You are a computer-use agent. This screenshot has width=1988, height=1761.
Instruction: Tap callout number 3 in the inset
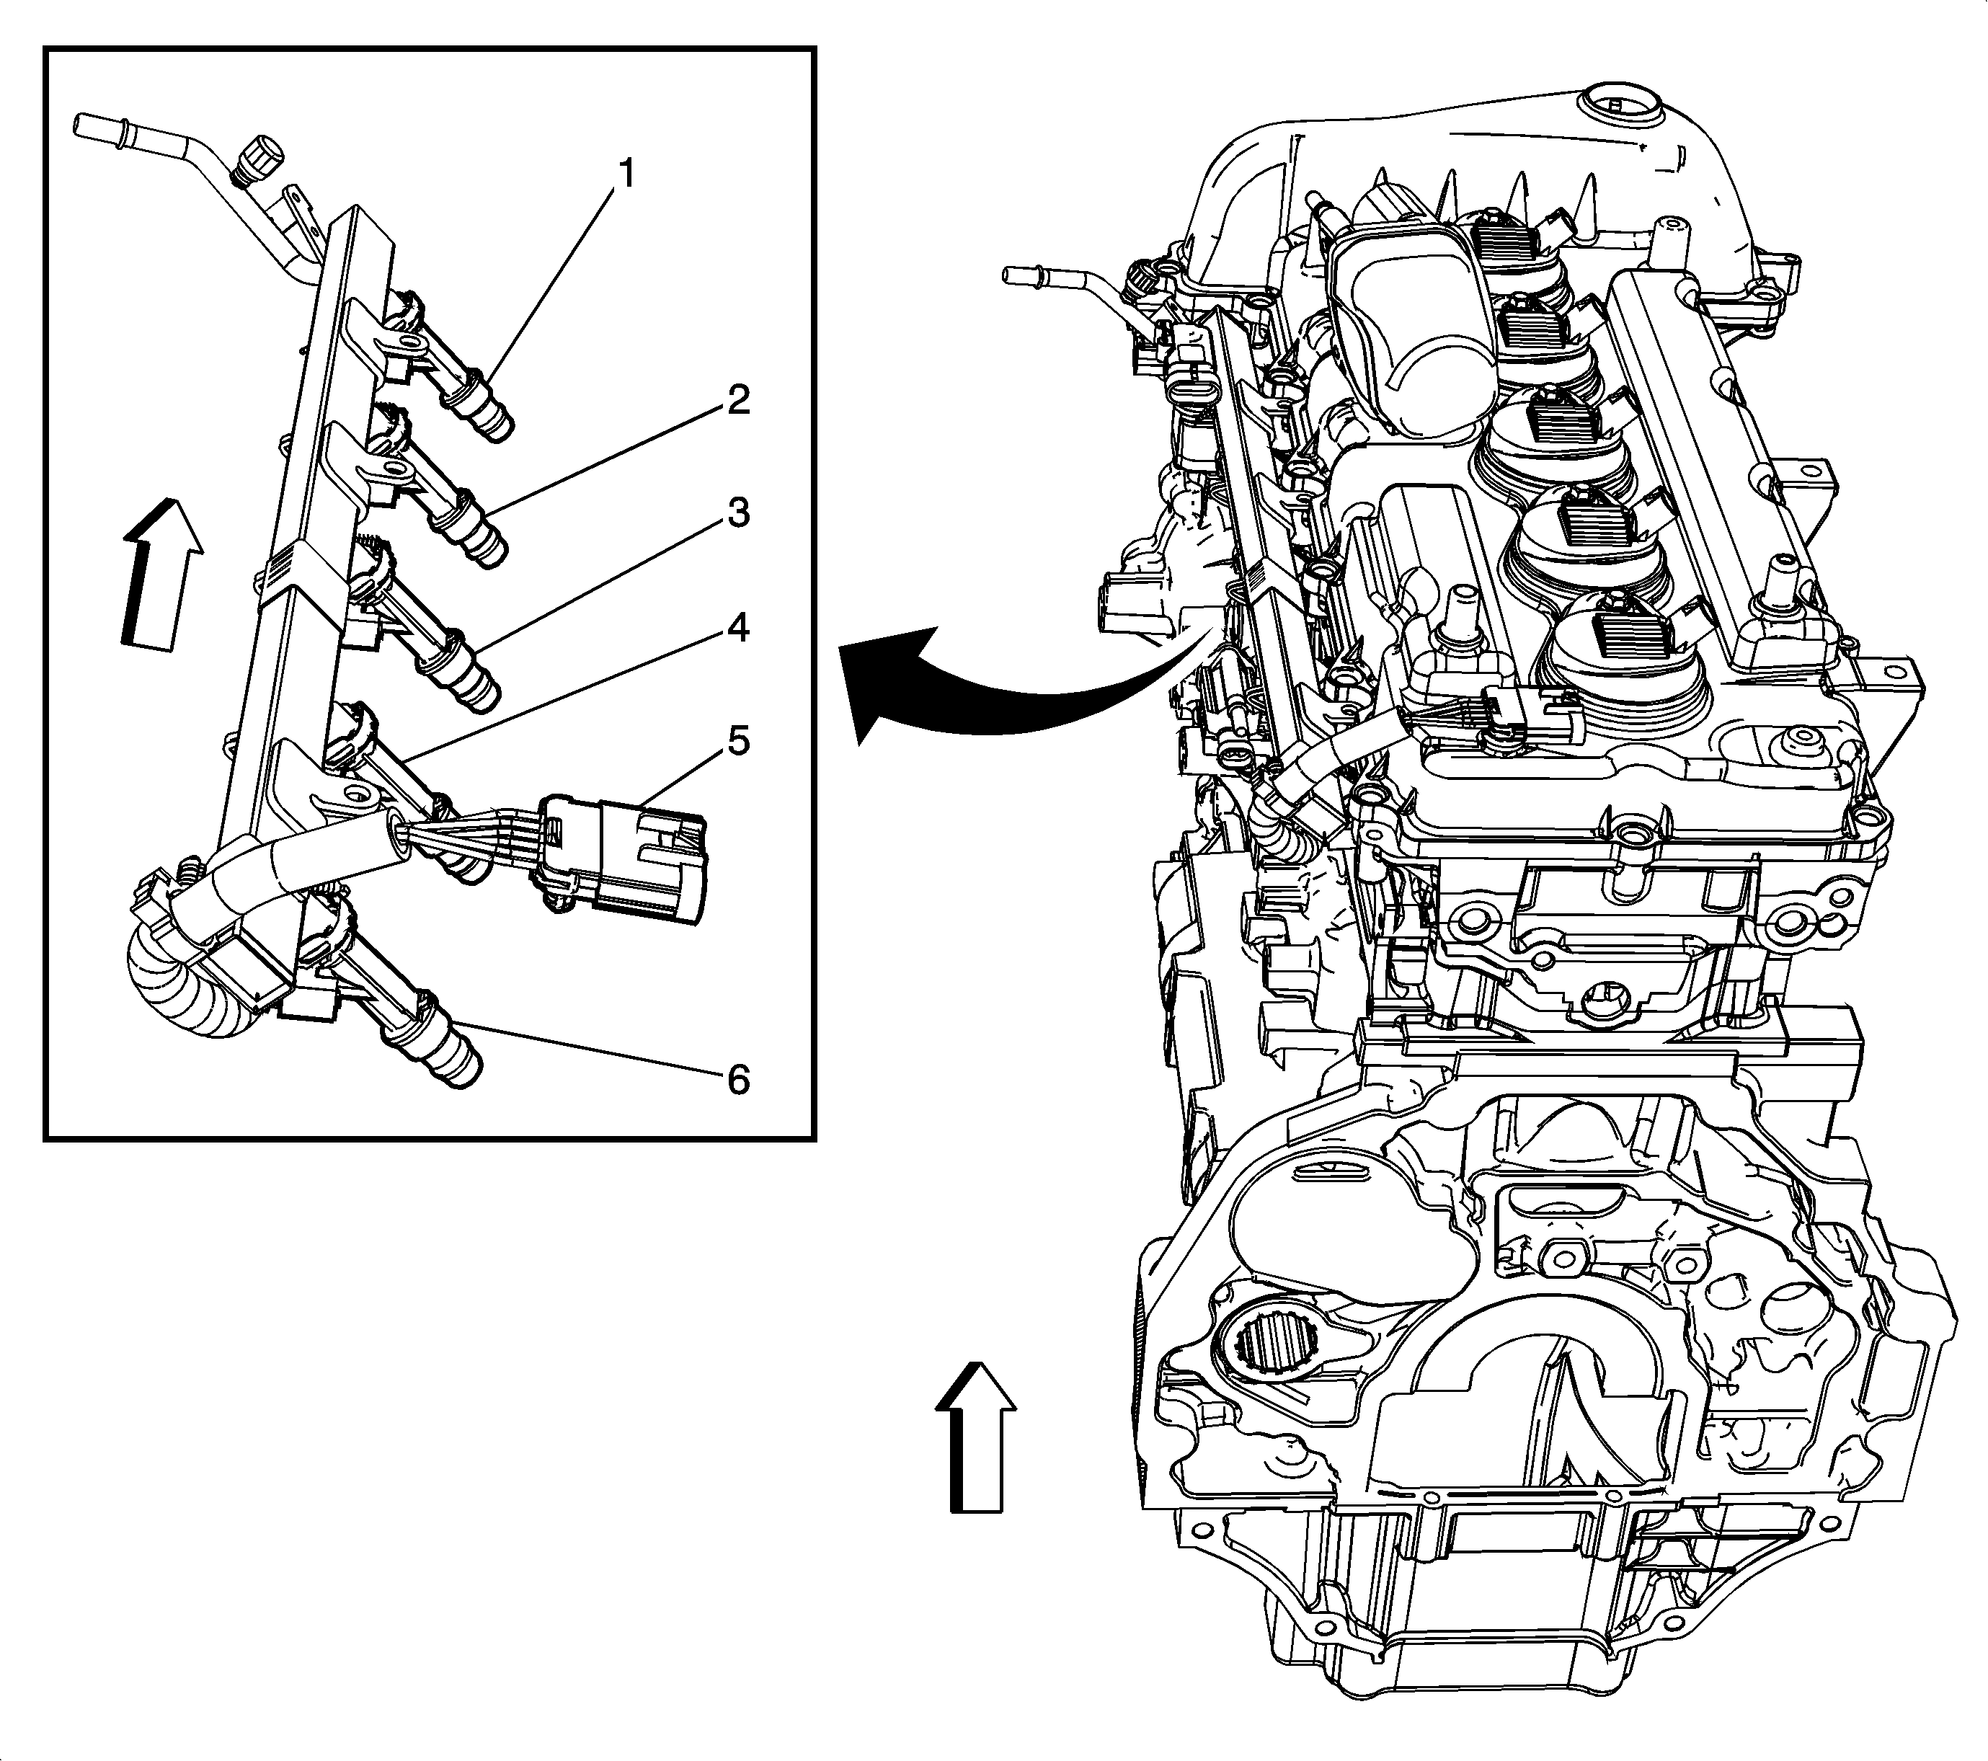click(x=738, y=513)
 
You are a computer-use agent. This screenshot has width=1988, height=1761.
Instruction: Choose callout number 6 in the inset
click(x=738, y=1079)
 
